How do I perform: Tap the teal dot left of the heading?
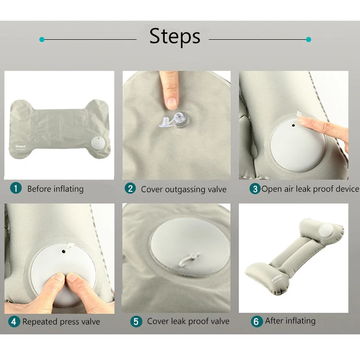[42, 40]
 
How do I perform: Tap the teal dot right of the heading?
[309, 40]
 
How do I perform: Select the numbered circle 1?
[16, 188]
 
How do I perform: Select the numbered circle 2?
[130, 189]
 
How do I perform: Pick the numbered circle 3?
[255, 189]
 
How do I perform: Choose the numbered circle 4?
[14, 321]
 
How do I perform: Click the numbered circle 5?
[136, 321]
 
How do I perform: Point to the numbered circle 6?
[256, 321]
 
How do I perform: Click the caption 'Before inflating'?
[55, 189]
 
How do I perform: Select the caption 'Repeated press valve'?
[61, 322]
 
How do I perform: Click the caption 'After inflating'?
[290, 321]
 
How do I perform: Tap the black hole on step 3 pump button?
[293, 126]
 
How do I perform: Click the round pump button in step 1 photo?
[98, 143]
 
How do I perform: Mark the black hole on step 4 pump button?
[63, 252]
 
